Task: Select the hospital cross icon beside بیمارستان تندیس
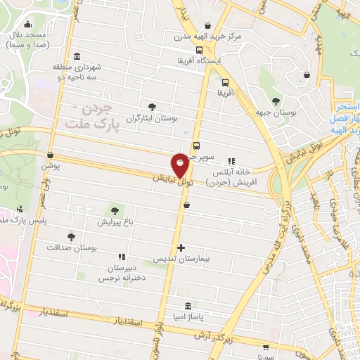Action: (181, 247)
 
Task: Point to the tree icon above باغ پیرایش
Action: (114, 210)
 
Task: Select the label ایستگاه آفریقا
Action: (200, 60)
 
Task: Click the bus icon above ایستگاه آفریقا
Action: (200, 50)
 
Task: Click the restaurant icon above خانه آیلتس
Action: (231, 160)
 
